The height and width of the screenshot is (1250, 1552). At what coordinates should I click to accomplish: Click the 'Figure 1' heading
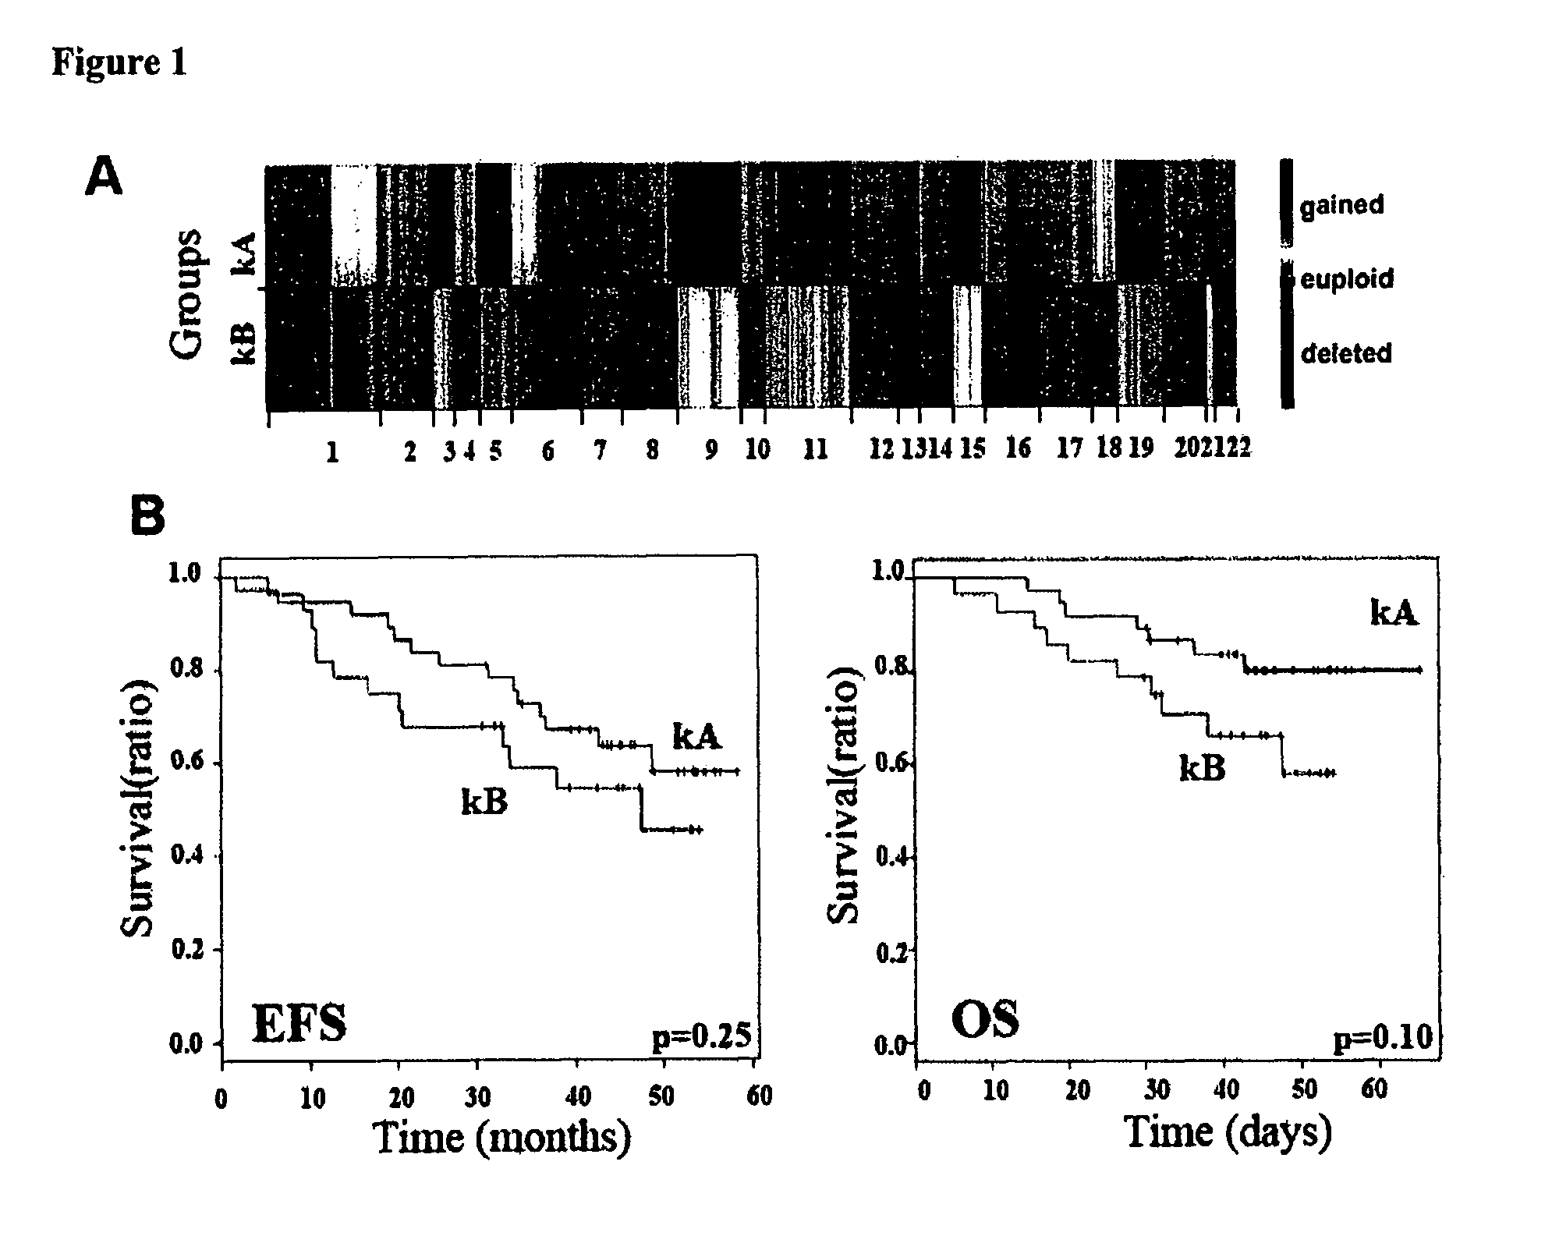tap(119, 62)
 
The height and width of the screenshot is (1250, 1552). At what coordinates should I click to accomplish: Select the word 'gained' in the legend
tap(1341, 206)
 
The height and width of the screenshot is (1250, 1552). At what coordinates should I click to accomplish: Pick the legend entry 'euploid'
tap(1347, 278)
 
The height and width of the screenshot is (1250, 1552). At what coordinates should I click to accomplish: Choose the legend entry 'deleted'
tap(1346, 353)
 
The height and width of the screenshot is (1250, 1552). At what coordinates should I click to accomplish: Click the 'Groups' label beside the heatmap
tap(187, 295)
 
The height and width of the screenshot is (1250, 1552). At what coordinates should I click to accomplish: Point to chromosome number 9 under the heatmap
tap(710, 450)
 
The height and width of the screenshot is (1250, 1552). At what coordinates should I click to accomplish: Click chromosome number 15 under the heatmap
tap(972, 448)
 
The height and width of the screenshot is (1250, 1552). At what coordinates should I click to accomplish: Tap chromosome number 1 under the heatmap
tap(332, 452)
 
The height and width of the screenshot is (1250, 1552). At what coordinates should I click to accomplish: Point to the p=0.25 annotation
tap(701, 1036)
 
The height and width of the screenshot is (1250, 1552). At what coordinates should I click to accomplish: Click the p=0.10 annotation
tap(1383, 1038)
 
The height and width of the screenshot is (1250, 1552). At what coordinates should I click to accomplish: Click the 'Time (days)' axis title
tap(1228, 1131)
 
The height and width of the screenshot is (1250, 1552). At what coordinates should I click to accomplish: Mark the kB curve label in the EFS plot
tap(484, 801)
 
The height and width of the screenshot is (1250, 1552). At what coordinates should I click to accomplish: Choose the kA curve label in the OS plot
tap(1394, 614)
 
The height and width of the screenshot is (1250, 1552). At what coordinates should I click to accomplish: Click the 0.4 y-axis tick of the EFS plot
tap(186, 857)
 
